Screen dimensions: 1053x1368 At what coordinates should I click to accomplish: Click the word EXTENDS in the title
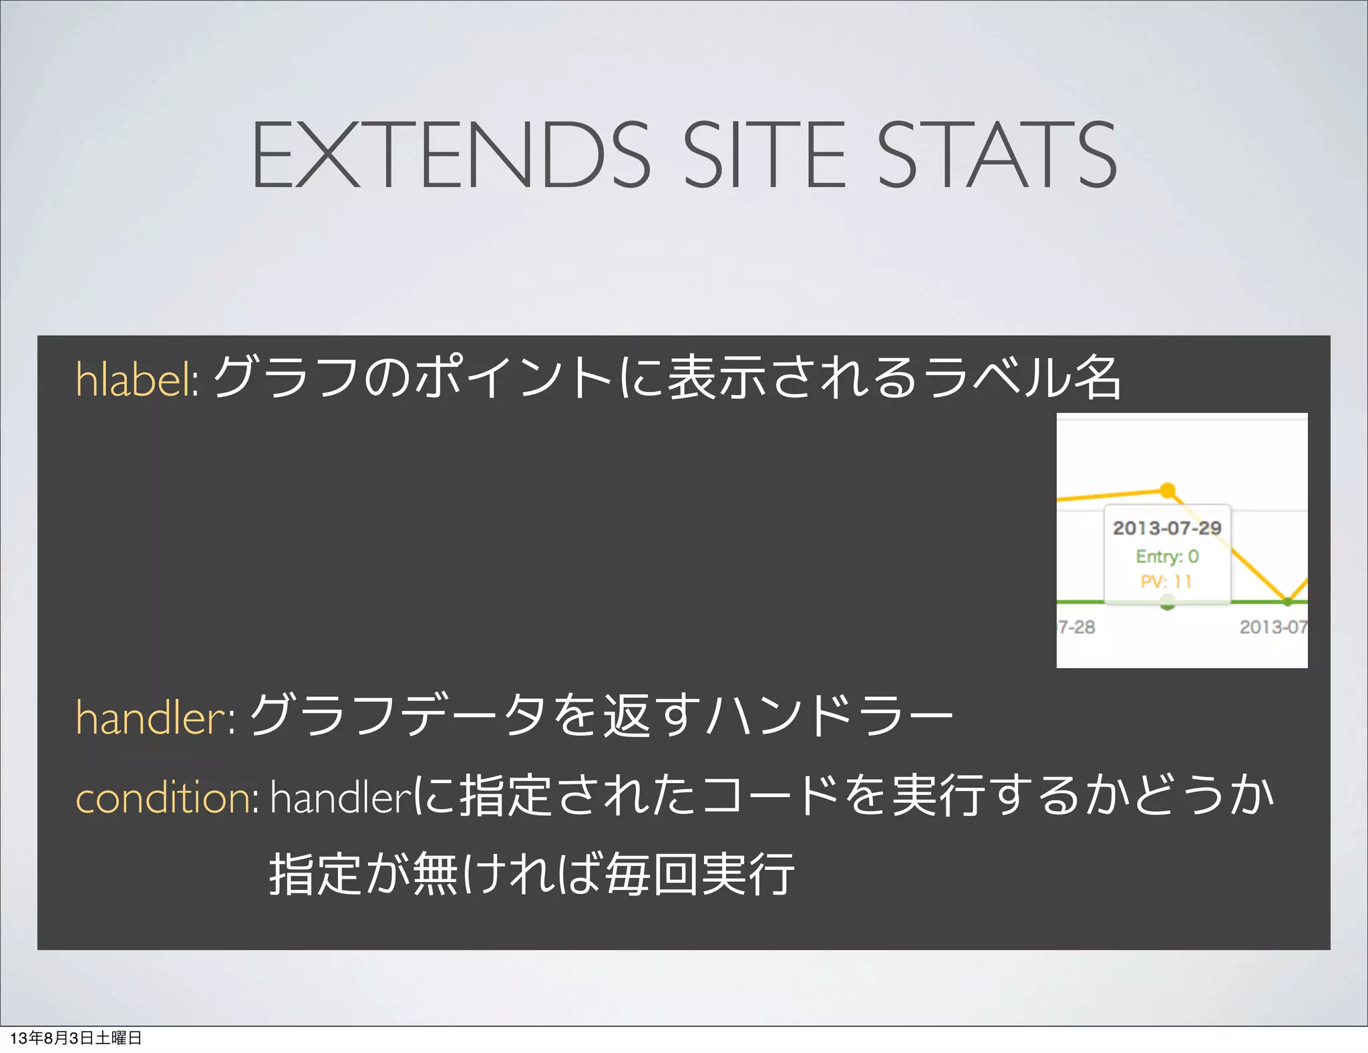tap(451, 155)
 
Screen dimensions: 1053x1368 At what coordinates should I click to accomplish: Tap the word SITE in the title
tap(764, 155)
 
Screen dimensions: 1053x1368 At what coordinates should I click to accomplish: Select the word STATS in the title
tap(995, 155)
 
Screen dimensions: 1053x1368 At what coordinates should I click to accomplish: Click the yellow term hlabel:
tap(136, 379)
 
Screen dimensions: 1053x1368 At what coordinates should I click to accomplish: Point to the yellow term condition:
tap(167, 797)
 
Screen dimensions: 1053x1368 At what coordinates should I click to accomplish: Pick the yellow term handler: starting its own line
tap(155, 717)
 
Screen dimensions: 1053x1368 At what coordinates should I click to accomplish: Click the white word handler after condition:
tap(340, 797)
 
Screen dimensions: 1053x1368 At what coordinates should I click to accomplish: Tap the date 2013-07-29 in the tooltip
tap(1167, 529)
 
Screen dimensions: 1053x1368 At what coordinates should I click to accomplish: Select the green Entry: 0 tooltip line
tap(1167, 557)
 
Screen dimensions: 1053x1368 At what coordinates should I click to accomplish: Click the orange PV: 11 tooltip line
tap(1166, 581)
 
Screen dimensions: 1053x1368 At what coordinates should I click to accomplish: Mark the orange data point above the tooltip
tap(1168, 490)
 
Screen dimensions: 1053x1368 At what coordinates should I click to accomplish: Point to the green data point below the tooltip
tap(1168, 604)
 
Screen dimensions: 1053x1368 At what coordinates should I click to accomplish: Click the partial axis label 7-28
tap(1077, 627)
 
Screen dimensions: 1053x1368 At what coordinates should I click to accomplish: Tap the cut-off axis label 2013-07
tap(1273, 627)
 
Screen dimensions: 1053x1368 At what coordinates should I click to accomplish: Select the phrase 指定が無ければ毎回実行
tap(532, 874)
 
